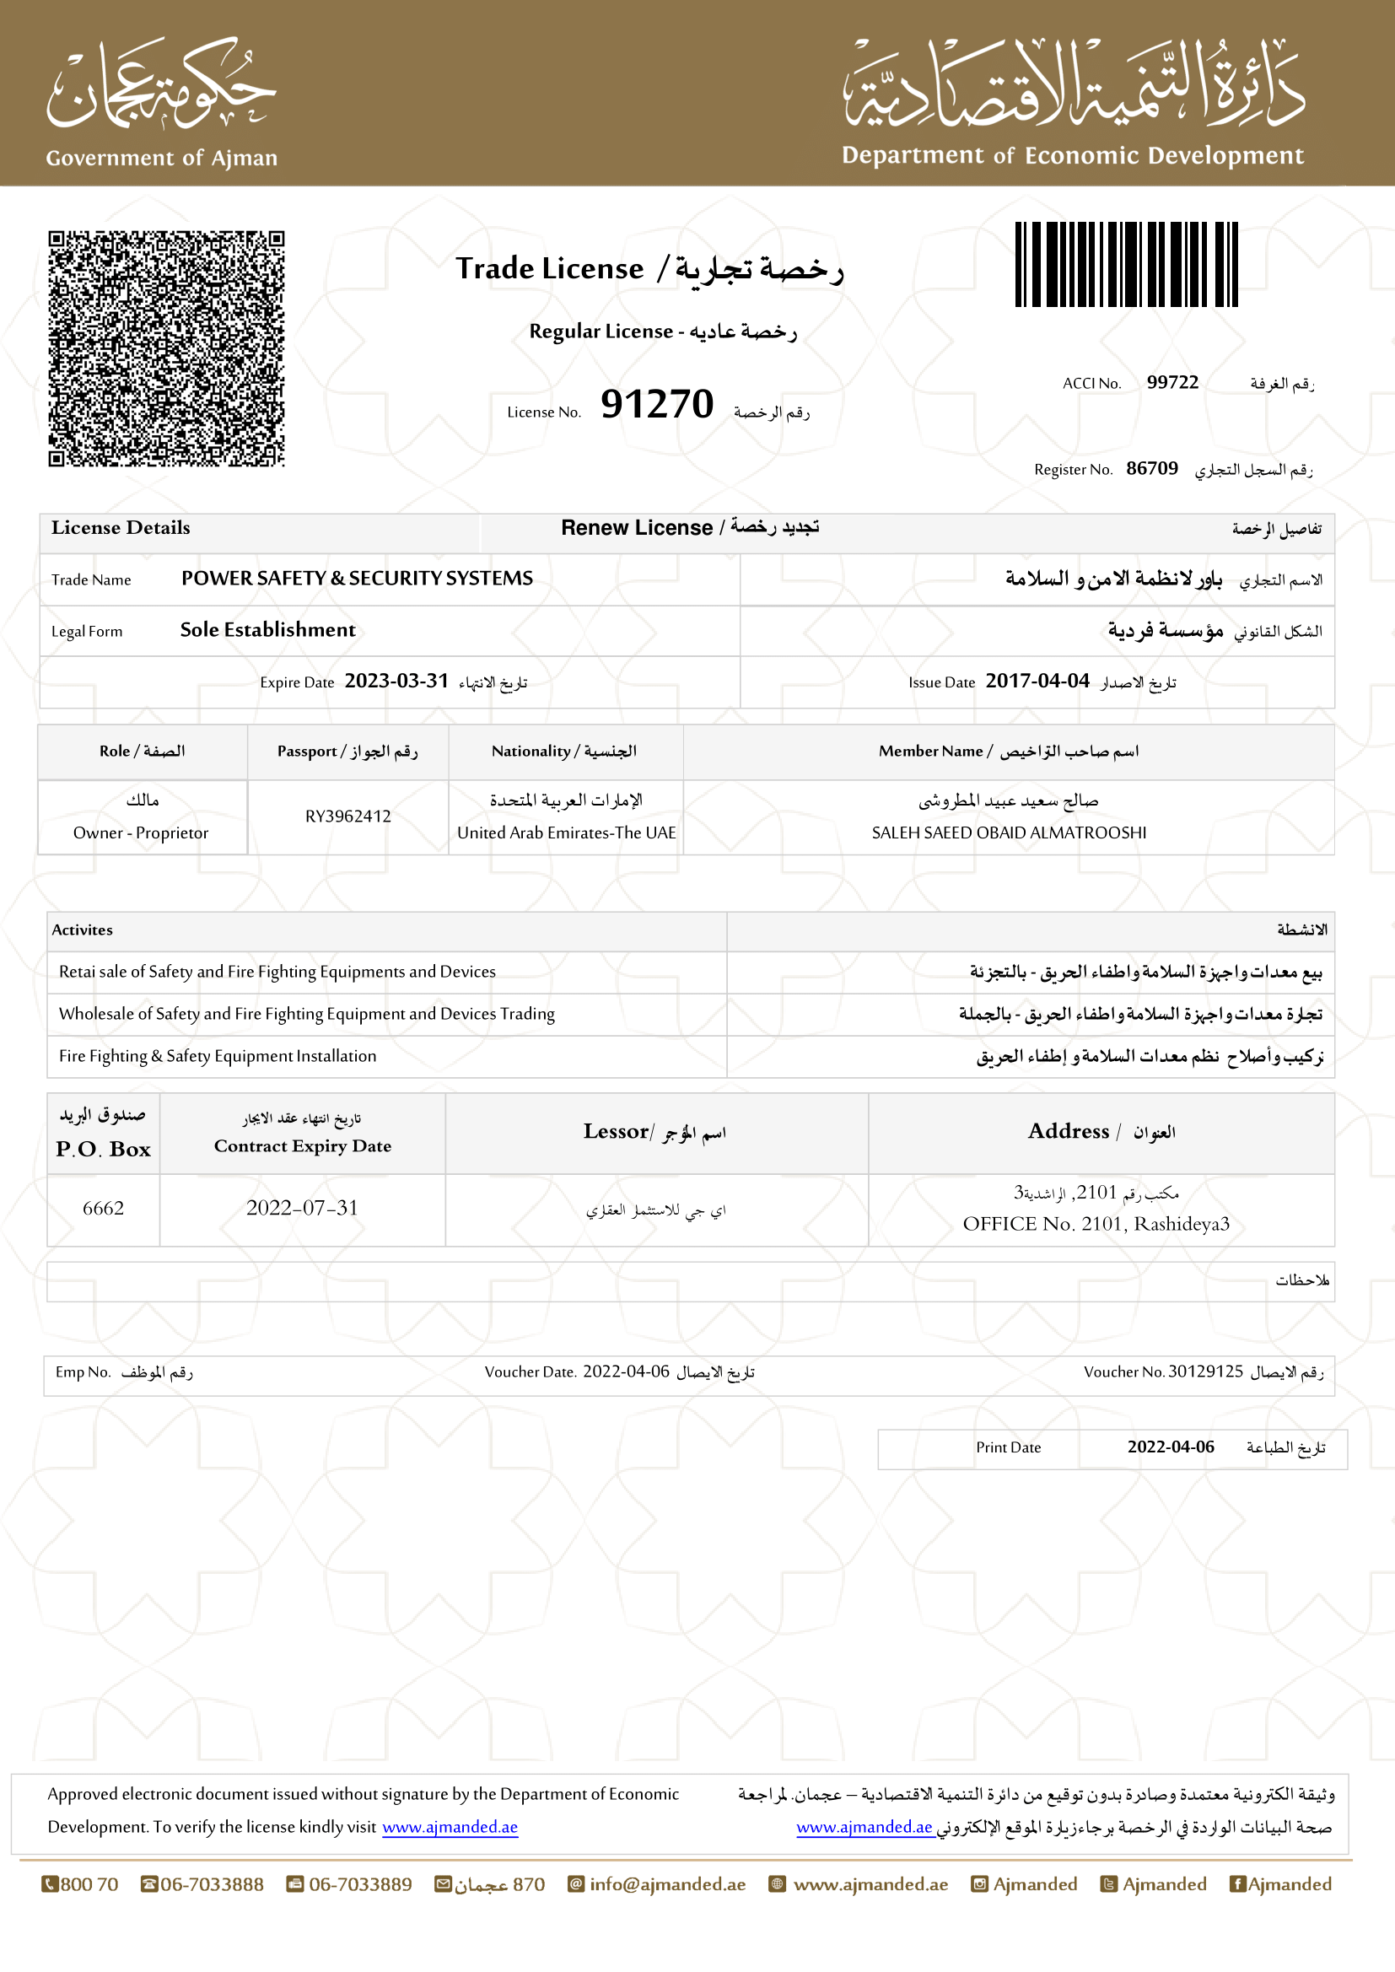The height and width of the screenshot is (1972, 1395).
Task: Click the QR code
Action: coord(166,348)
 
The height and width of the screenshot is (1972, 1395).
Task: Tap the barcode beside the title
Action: coord(1125,264)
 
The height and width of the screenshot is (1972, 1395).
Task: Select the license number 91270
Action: coord(657,404)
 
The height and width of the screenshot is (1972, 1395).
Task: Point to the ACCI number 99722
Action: coord(1171,382)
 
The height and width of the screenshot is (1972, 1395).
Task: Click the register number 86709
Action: coord(1152,468)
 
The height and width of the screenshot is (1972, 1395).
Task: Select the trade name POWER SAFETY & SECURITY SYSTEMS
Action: coord(357,578)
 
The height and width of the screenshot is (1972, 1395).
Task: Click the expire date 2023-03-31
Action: coord(396,682)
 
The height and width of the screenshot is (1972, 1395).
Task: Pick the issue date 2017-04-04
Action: coord(1037,682)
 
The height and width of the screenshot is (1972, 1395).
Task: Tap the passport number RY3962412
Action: coord(347,816)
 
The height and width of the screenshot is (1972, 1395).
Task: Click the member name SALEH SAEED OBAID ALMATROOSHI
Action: coord(1009,832)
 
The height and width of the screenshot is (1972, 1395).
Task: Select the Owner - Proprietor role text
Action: coord(141,832)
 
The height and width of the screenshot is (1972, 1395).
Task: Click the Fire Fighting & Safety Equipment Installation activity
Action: coord(218,1055)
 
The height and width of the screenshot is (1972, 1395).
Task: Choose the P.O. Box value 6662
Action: coord(103,1208)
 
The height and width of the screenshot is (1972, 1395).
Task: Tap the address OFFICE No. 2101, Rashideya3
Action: coord(1096,1223)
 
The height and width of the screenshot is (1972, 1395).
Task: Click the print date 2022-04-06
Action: coord(1170,1447)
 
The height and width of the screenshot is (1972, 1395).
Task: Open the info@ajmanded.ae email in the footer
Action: coord(666,1883)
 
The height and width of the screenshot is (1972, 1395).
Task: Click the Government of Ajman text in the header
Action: coord(161,158)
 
